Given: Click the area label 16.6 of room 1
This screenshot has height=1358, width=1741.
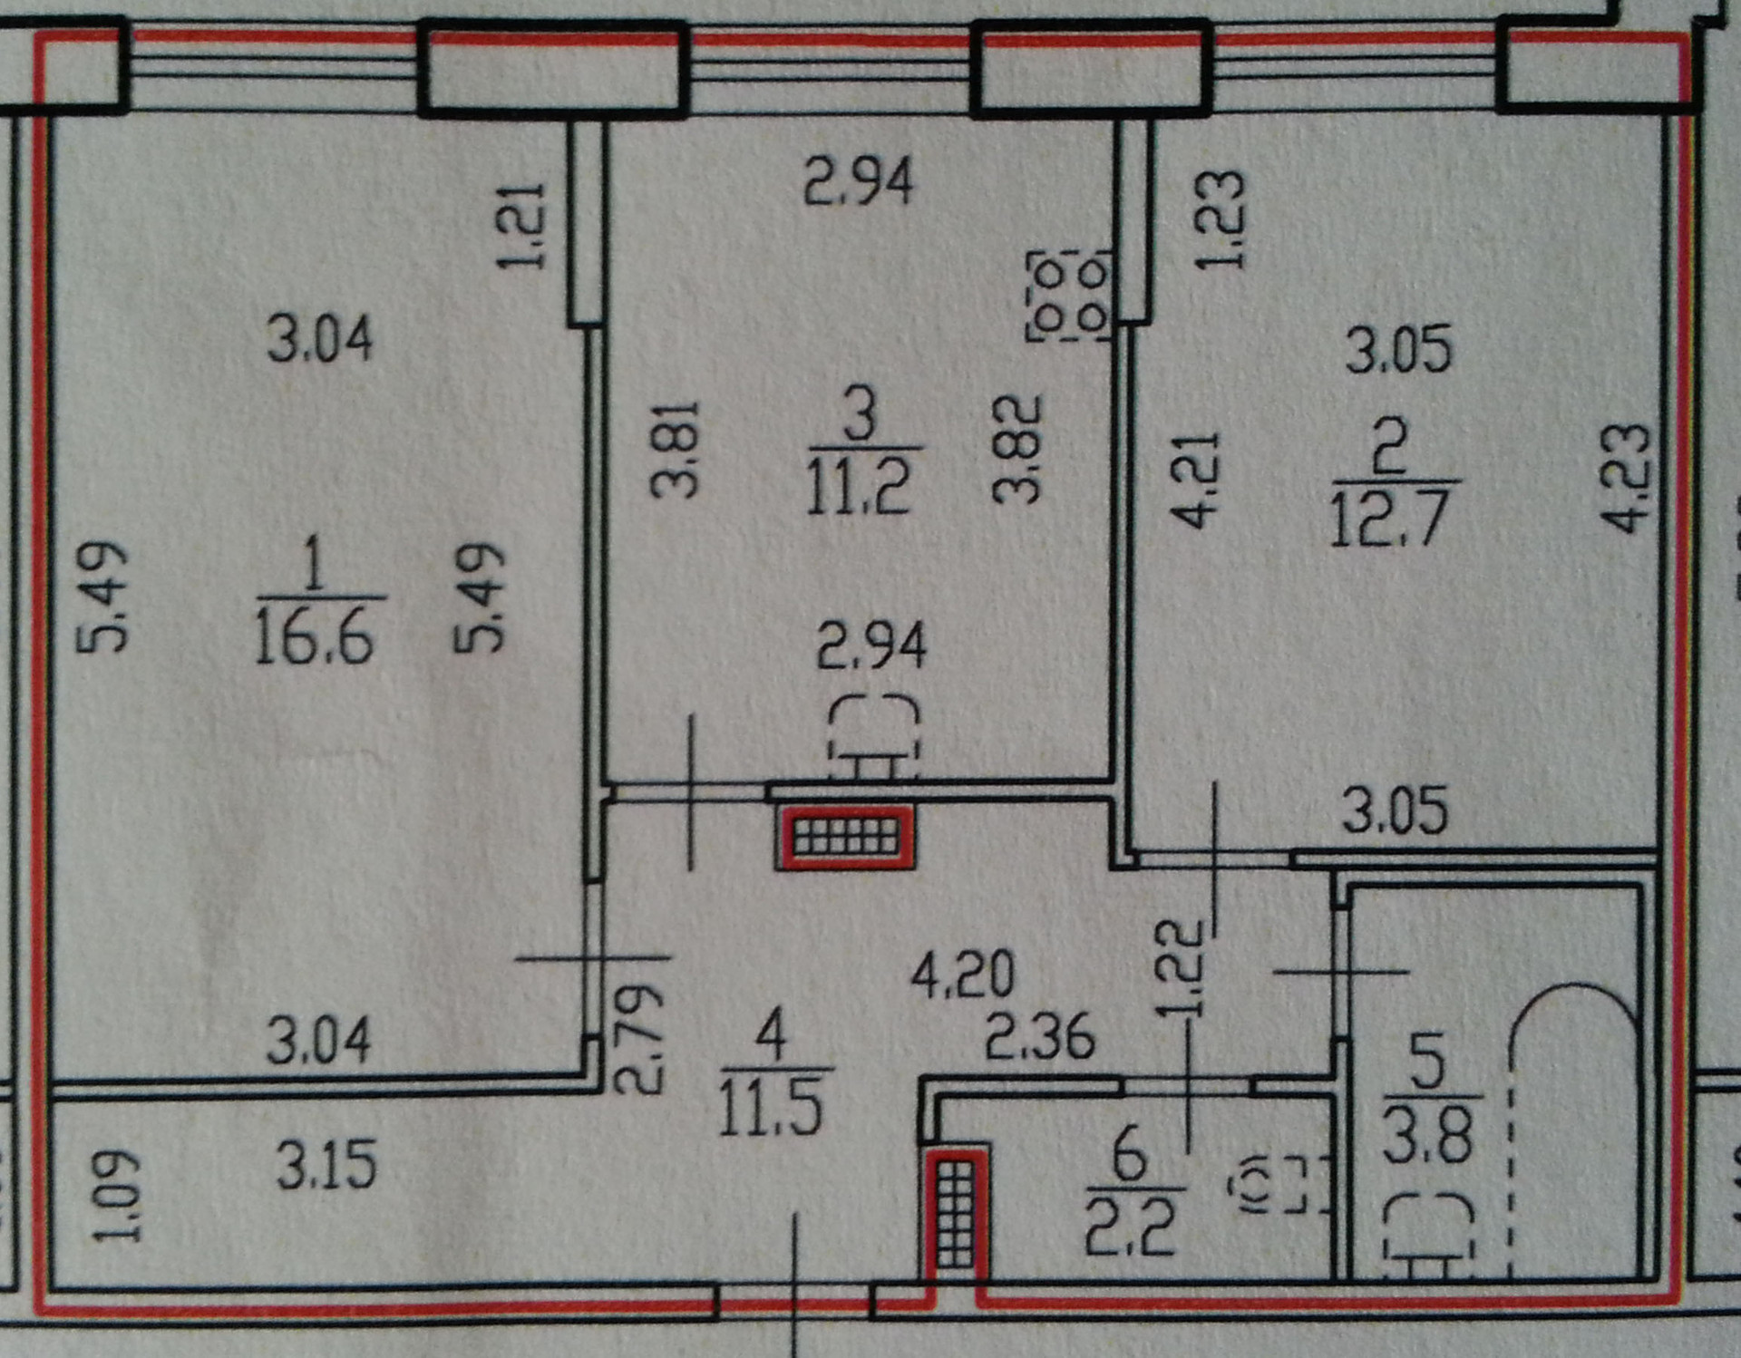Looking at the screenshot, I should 313,636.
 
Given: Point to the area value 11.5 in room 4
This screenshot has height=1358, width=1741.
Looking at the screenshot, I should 772,1106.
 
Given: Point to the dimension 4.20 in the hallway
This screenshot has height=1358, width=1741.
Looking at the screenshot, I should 962,975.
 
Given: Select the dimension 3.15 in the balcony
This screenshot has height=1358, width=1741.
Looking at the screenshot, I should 326,1165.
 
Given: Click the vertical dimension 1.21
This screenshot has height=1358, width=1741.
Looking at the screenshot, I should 522,227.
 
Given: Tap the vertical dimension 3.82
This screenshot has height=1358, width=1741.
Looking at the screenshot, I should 1017,449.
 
